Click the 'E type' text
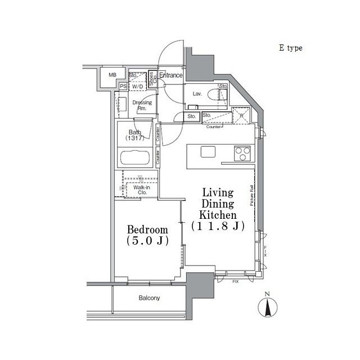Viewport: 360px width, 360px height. pyautogui.click(x=290, y=48)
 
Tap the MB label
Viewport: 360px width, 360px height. pyautogui.click(x=112, y=75)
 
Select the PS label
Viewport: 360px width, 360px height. pyautogui.click(x=123, y=86)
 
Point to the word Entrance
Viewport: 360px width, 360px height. pyautogui.click(x=171, y=75)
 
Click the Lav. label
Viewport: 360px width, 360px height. pyautogui.click(x=197, y=94)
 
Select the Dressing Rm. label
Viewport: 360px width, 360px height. pyautogui.click(x=142, y=106)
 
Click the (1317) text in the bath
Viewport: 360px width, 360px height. pyautogui.click(x=135, y=138)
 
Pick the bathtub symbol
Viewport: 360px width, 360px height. pyautogui.click(x=136, y=158)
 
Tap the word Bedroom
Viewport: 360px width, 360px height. pyautogui.click(x=147, y=230)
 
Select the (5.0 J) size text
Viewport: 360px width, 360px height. pyautogui.click(x=147, y=242)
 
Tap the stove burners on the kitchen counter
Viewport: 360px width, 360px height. pyautogui.click(x=242, y=151)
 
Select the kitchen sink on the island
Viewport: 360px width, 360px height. pyautogui.click(x=208, y=151)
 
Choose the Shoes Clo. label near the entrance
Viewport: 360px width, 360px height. pyautogui.click(x=151, y=78)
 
